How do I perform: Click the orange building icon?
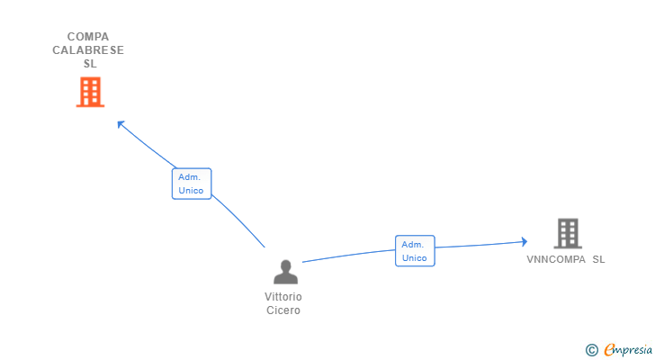coord(90,92)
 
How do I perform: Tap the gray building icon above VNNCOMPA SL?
coord(568,233)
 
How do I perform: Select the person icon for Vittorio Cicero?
coord(286,272)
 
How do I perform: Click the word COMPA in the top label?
coord(88,37)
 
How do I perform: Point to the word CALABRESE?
coord(88,50)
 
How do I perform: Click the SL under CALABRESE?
coord(90,64)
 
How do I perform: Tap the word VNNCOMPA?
coord(556,259)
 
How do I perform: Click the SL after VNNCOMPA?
coord(598,259)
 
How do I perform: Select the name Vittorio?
coord(283,296)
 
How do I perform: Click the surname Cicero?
coord(283,310)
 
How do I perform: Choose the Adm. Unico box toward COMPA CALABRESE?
coord(192,184)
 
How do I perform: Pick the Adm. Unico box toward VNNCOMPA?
coord(415,251)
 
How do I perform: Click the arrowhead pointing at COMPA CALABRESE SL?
coord(121,124)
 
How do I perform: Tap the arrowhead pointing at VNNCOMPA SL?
coord(525,241)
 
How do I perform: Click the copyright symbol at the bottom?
coord(591,349)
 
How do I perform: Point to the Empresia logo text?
coord(628,349)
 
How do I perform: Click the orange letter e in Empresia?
coord(609,349)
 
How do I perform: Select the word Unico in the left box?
coord(191,191)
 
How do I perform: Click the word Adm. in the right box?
coord(413,244)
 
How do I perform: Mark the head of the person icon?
coord(286,265)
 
